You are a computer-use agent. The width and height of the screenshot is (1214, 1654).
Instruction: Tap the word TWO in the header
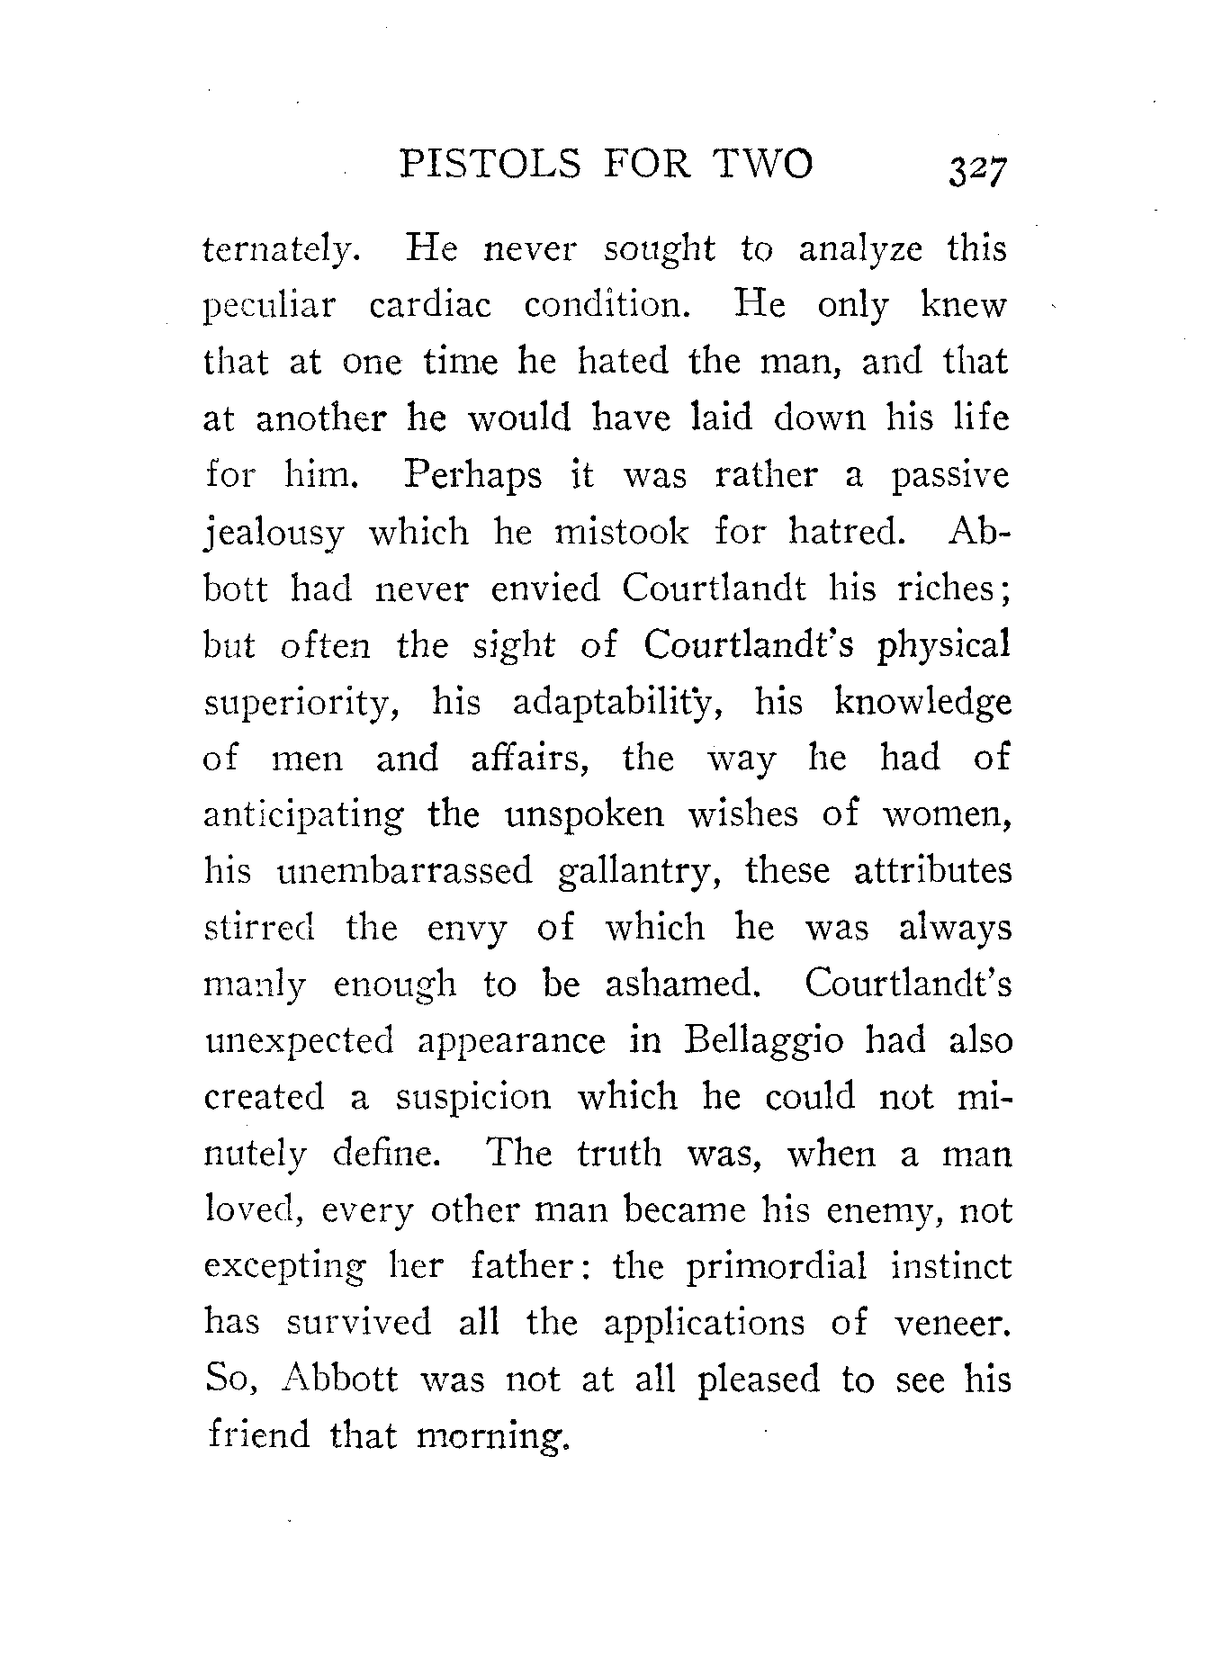click(x=763, y=165)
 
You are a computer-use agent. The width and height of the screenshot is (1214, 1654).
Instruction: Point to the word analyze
click(x=860, y=248)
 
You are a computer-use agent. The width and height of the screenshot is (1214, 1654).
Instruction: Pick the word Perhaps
click(x=472, y=476)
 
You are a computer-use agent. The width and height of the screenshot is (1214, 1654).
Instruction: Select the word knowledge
click(x=922, y=704)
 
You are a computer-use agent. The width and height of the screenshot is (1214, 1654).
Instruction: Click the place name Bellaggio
click(x=764, y=1042)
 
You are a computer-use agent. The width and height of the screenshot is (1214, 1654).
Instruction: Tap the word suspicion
click(x=472, y=1098)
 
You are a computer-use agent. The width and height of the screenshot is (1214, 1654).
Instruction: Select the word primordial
click(x=777, y=1267)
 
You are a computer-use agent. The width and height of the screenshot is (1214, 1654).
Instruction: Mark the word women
click(x=946, y=815)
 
